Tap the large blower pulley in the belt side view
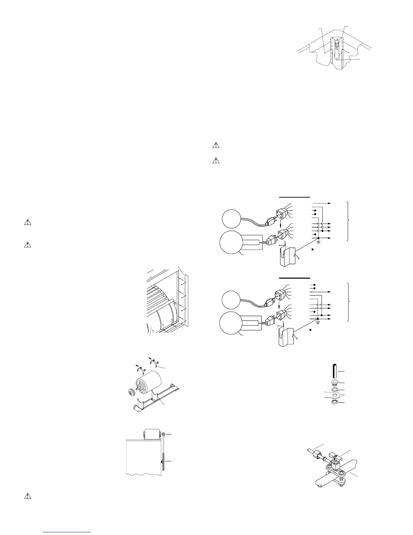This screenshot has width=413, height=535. (162, 462)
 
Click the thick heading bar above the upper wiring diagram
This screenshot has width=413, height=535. (295, 196)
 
